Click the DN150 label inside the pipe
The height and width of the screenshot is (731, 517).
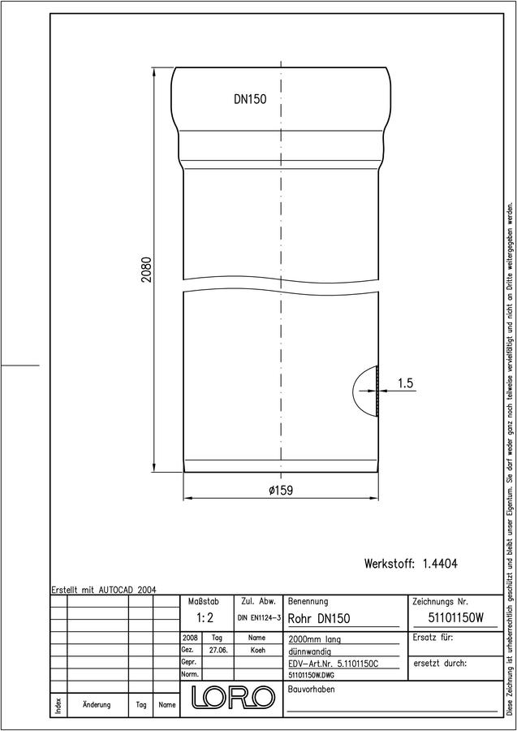click(x=250, y=99)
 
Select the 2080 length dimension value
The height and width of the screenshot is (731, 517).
click(x=147, y=270)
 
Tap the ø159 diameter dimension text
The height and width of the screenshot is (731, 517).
click(x=281, y=491)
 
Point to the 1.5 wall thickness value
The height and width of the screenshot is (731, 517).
click(x=405, y=383)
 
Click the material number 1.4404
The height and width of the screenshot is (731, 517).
click(x=440, y=564)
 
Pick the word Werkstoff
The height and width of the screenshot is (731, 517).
click(x=390, y=564)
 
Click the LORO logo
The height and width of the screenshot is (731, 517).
click(x=232, y=697)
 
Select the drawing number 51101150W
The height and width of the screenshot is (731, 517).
click(x=455, y=618)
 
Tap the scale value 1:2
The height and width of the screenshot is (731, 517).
click(x=205, y=618)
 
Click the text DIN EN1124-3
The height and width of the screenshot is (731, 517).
click(x=259, y=618)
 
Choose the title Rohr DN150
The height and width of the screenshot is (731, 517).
click(x=319, y=619)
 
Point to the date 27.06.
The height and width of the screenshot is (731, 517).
click(x=218, y=651)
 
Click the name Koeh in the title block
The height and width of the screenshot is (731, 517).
click(x=258, y=651)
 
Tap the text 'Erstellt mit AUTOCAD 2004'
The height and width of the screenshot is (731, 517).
click(x=104, y=590)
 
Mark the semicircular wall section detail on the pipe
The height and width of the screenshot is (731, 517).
click(x=366, y=391)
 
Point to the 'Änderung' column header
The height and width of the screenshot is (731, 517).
click(x=97, y=704)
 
